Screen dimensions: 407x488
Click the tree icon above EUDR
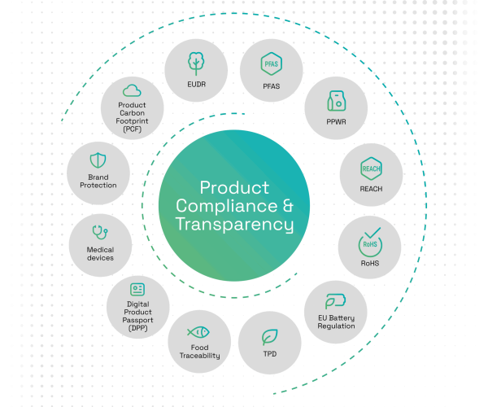pyautogui.click(x=195, y=63)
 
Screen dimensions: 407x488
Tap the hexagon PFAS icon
pyautogui.click(x=271, y=63)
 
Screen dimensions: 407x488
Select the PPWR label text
pyautogui.click(x=336, y=121)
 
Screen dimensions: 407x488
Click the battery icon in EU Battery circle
pyautogui.click(x=336, y=300)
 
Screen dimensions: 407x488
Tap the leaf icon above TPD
pyautogui.click(x=269, y=336)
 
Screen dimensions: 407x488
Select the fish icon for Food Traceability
pyautogui.click(x=198, y=332)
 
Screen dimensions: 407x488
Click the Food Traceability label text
pyautogui.click(x=199, y=352)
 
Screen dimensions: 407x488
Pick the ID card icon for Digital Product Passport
pyautogui.click(x=137, y=289)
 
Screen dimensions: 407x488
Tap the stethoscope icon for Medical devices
pyautogui.click(x=100, y=233)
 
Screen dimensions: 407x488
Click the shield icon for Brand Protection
pyautogui.click(x=98, y=160)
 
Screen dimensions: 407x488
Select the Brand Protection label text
pyautogui.click(x=98, y=181)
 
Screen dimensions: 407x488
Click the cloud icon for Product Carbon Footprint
pyautogui.click(x=133, y=90)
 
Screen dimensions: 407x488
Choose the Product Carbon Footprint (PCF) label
pyautogui.click(x=133, y=116)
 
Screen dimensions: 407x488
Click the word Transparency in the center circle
pyautogui.click(x=234, y=223)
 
